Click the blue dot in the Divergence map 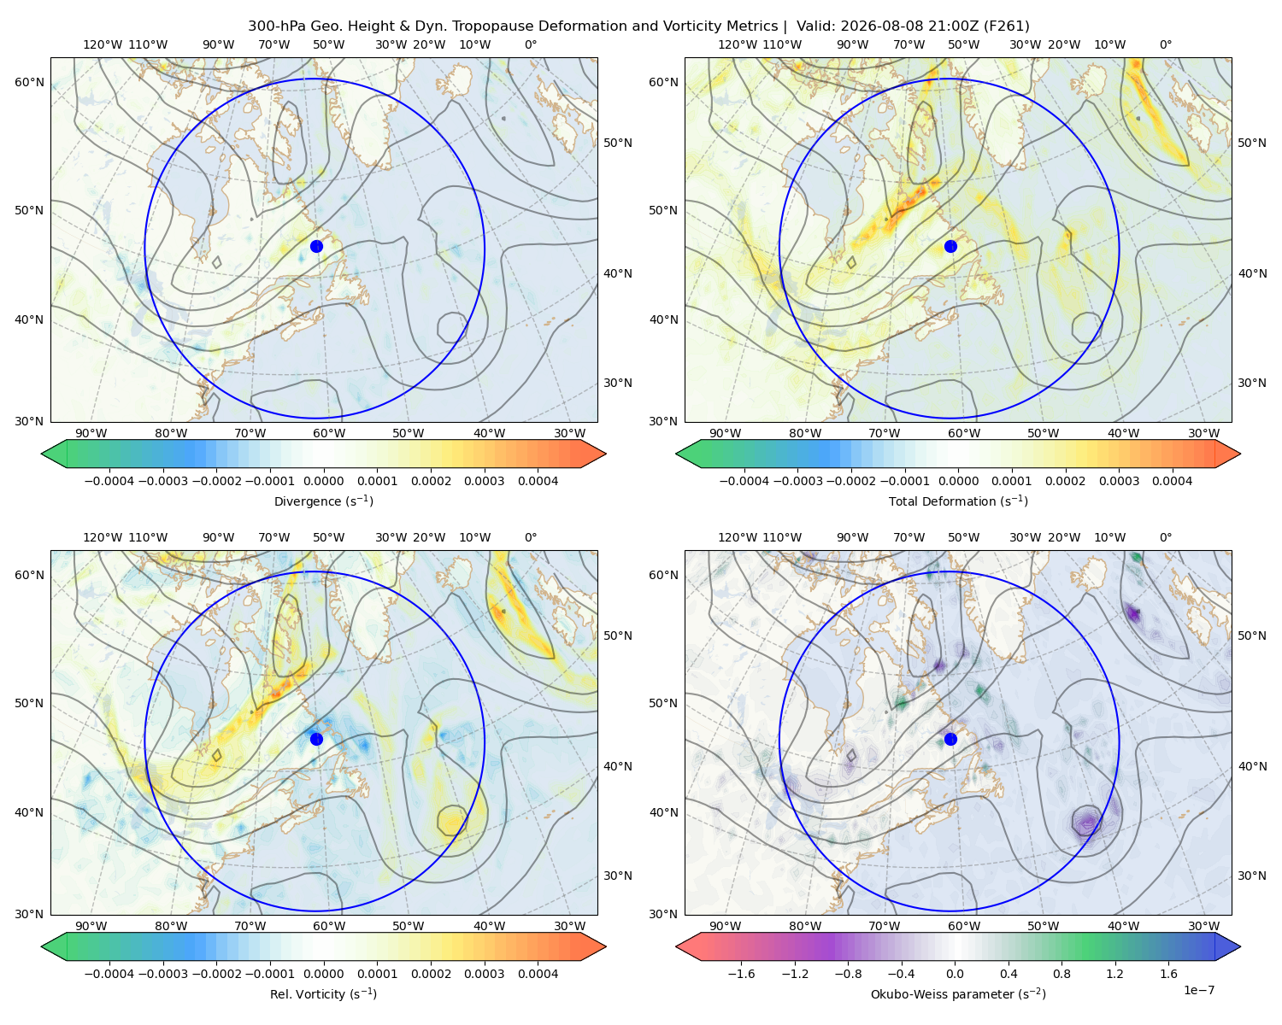316,247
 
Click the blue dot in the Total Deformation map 950,247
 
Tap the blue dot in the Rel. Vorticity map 316,739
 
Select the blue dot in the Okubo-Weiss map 950,739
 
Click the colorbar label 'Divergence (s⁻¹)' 323,501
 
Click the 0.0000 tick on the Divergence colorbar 323,481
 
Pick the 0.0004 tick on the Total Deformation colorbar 1172,481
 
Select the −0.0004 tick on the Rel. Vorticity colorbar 109,974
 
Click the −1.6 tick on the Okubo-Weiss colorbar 741,974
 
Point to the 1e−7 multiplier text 1198,990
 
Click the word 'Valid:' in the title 816,26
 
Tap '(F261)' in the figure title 1007,26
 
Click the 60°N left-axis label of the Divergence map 29,82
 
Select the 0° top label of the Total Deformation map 1165,44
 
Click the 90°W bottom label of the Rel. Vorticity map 91,926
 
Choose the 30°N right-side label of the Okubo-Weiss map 1251,876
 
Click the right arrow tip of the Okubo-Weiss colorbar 1240,946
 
